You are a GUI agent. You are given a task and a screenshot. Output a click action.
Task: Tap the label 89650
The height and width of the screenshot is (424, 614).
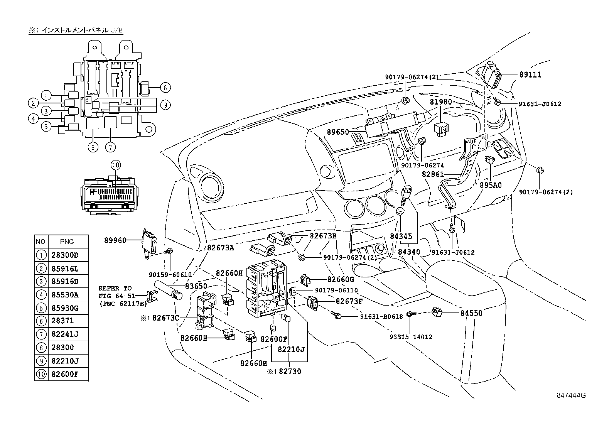point(338,132)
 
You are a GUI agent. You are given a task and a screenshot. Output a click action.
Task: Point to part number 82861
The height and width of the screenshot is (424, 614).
point(433,174)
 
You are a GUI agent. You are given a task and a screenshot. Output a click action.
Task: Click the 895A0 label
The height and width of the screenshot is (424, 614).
point(491,185)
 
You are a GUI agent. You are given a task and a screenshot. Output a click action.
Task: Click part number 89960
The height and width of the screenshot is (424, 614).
point(115,240)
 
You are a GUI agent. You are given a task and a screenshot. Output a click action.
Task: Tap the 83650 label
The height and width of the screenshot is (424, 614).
point(196,286)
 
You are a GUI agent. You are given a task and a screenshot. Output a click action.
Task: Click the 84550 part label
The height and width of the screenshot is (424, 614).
point(471,313)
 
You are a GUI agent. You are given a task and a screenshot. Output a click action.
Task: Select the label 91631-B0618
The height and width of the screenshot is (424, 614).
point(381,316)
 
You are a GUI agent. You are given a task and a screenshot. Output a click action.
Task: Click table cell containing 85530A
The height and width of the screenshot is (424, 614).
point(65,295)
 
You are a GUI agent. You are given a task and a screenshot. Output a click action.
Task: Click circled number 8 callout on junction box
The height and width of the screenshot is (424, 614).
point(165,88)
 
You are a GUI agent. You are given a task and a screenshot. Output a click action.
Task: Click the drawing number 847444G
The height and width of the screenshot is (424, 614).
point(571,395)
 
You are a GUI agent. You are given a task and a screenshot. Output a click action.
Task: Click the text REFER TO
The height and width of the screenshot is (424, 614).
point(115,288)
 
